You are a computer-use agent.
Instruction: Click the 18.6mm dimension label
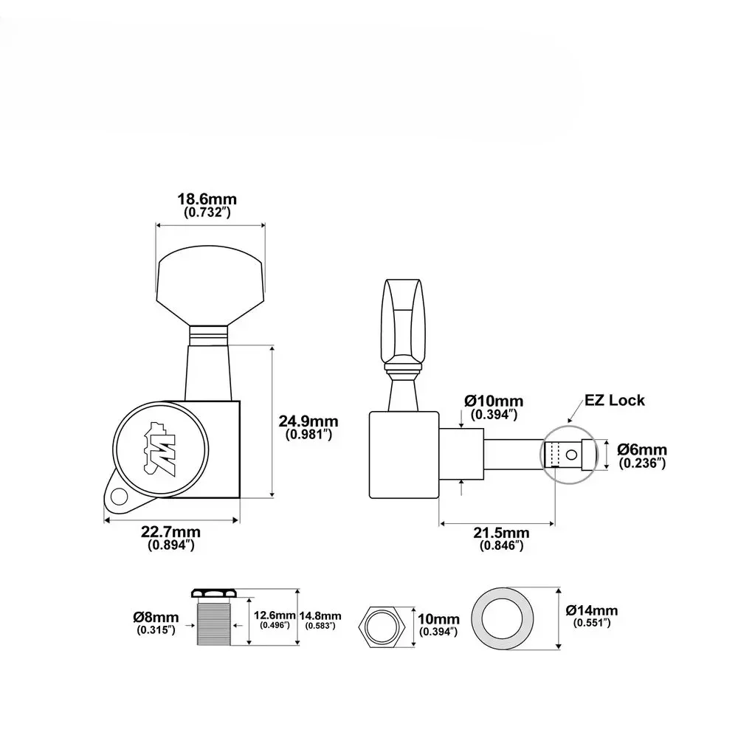point(207,199)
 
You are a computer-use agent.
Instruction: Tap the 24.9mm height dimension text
point(308,421)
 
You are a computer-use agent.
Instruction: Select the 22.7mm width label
point(171,532)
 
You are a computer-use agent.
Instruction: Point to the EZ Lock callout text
point(614,400)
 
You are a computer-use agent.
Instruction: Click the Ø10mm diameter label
point(494,401)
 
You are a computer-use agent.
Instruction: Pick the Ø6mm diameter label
point(642,449)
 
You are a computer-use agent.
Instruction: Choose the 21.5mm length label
point(501,533)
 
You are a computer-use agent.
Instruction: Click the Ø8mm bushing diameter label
point(156,617)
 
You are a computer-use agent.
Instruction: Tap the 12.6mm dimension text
point(275,615)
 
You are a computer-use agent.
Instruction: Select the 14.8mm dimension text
point(320,615)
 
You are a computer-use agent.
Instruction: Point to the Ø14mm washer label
point(592,610)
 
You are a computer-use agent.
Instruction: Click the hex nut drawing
point(382,627)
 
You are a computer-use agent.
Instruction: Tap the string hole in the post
point(571,455)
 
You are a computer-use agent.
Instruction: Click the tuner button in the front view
point(210,286)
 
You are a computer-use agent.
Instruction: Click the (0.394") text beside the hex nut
point(438,632)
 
